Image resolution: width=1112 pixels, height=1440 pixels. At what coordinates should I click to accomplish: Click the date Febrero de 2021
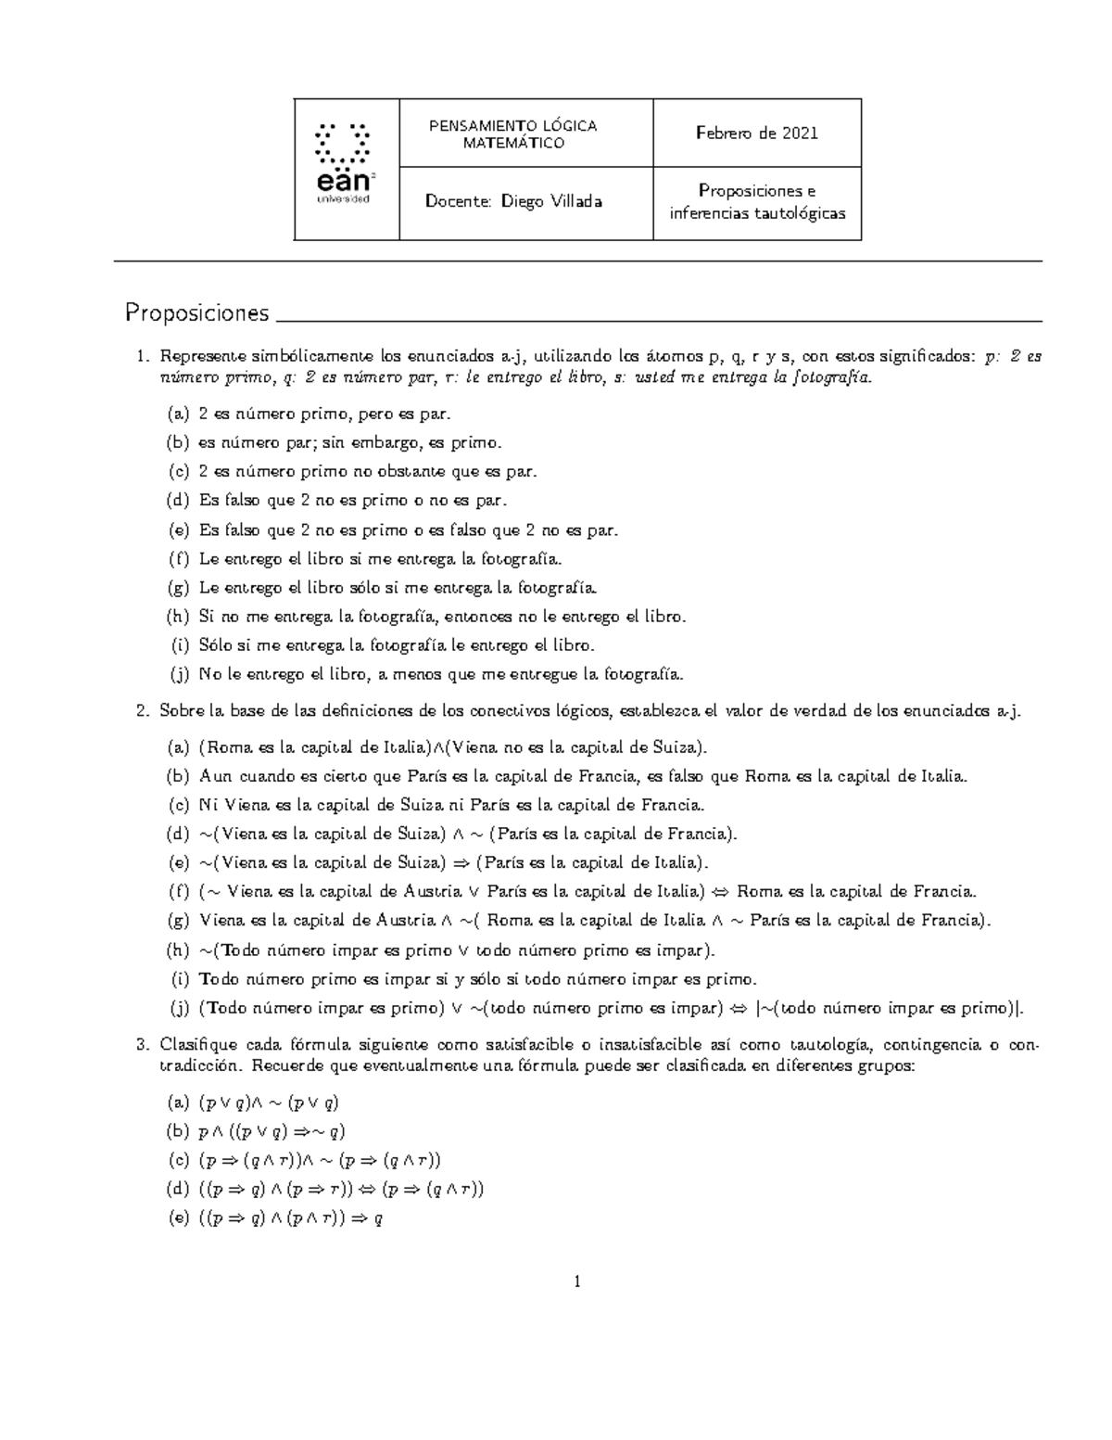click(757, 133)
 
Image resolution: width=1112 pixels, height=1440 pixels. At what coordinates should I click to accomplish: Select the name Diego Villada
click(551, 201)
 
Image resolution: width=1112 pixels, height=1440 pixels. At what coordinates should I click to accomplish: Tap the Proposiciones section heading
click(197, 313)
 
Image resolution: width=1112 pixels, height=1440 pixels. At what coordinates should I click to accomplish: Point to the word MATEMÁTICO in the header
click(513, 143)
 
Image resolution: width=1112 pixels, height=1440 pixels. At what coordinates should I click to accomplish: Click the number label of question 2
click(142, 712)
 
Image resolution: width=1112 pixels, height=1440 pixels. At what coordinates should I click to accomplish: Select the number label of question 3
click(142, 1046)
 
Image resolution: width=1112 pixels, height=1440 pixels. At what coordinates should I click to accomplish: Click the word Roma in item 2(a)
click(225, 747)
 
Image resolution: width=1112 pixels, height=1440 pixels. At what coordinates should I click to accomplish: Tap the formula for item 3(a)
click(269, 1102)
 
